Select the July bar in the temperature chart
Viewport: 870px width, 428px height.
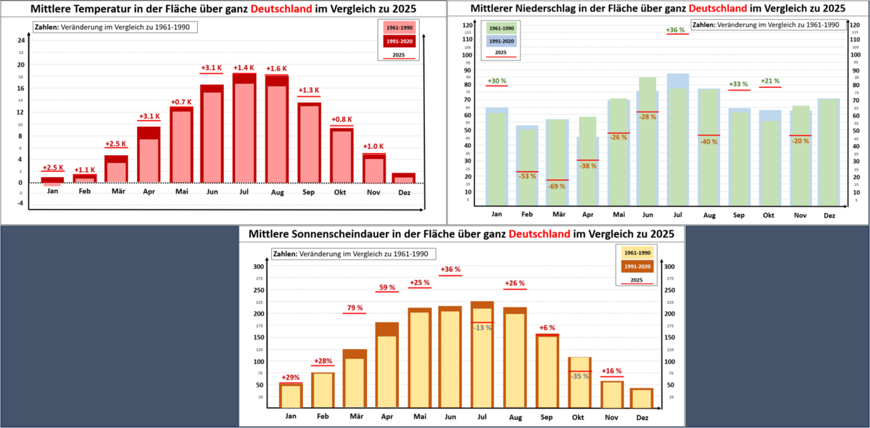[244, 131]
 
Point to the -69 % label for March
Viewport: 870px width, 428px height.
[557, 186]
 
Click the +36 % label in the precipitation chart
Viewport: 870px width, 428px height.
[676, 30]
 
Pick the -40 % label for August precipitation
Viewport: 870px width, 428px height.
[708, 141]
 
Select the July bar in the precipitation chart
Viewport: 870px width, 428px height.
[677, 138]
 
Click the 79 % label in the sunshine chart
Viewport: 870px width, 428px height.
[355, 308]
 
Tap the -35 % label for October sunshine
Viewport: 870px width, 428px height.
[579, 376]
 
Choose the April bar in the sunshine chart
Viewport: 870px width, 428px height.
[386, 363]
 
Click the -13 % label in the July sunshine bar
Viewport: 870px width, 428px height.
[482, 327]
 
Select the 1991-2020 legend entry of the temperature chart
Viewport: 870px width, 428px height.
[399, 41]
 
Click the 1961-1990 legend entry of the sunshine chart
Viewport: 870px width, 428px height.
[637, 252]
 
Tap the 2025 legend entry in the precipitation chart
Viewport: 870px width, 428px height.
[501, 53]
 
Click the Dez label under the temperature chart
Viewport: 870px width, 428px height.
[405, 193]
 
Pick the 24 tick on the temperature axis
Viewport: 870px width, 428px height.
[22, 41]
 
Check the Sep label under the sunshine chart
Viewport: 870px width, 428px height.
[547, 416]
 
